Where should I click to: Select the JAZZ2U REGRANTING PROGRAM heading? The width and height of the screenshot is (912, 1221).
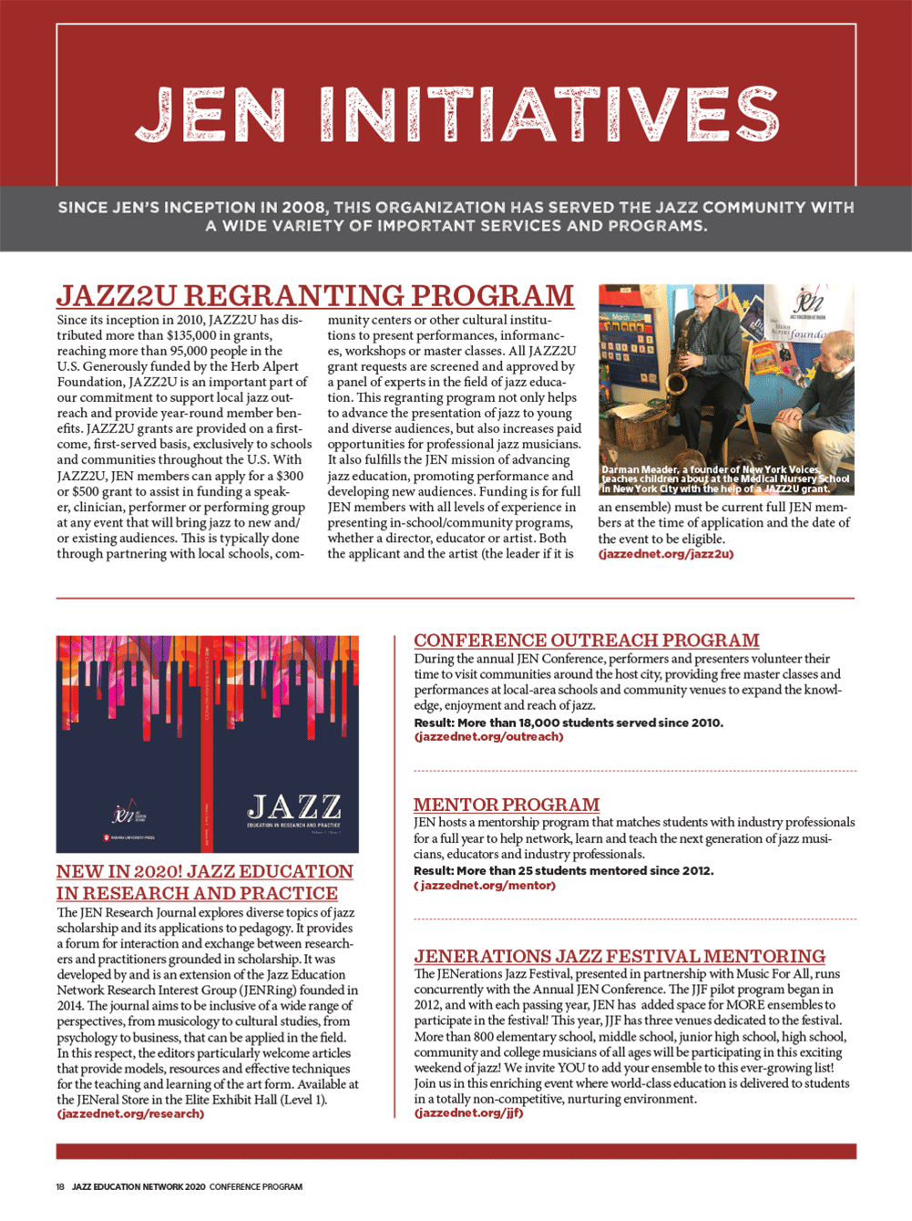tap(315, 296)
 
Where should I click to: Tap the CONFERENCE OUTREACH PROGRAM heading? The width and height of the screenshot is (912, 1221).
tap(587, 641)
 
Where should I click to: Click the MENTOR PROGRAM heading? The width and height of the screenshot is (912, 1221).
tap(507, 805)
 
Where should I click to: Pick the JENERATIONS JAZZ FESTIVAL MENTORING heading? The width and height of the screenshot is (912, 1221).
tap(620, 956)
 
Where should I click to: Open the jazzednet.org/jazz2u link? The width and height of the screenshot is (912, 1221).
tap(666, 554)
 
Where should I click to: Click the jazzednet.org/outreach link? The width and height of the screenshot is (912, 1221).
tap(488, 736)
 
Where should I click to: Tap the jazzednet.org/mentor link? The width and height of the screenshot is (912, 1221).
tap(486, 885)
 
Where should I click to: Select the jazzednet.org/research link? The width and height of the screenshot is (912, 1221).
tap(130, 1113)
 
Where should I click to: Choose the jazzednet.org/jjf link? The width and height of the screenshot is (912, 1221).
tap(468, 1113)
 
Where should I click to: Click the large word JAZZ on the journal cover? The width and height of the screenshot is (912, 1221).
tap(294, 807)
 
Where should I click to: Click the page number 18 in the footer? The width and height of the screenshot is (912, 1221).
tap(60, 1186)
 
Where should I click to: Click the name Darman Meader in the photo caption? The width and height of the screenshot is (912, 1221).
tap(640, 470)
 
